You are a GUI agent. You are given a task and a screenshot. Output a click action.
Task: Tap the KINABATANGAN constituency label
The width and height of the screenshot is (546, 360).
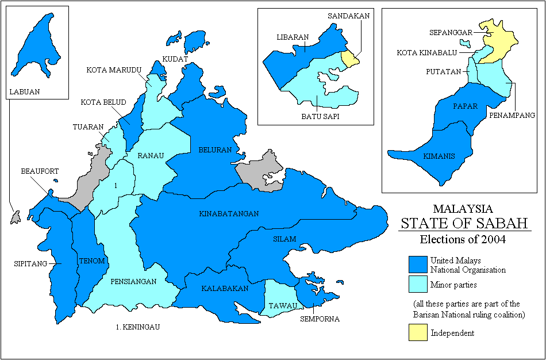tap(229, 213)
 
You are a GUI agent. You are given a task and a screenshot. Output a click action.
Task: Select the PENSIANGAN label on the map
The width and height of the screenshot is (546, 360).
tap(133, 282)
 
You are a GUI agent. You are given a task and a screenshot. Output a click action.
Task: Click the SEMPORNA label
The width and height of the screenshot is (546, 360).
tap(320, 319)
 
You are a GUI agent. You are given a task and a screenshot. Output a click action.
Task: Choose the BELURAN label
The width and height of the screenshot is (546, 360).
tap(215, 150)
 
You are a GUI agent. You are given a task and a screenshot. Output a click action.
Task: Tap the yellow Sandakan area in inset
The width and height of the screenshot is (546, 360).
tap(348, 58)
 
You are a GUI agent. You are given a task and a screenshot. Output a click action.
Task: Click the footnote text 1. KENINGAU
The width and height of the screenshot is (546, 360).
tap(136, 327)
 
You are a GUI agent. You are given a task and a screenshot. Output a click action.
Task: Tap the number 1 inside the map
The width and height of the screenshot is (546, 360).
tap(116, 186)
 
